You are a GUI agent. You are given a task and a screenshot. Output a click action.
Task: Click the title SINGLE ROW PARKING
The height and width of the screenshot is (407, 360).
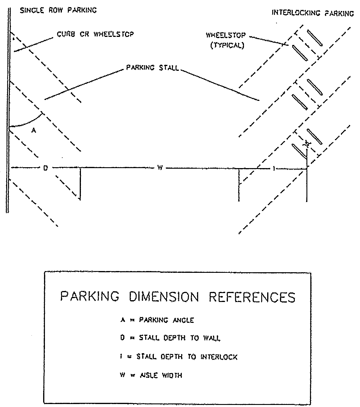58,10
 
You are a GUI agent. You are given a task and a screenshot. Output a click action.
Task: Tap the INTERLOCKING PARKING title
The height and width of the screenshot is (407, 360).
313,13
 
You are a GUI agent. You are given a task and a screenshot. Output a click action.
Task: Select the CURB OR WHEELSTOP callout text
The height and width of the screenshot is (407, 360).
95,34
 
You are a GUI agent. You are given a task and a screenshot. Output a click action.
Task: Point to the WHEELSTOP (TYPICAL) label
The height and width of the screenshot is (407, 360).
226,40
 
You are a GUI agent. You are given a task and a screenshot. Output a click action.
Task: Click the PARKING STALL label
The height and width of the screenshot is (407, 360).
152,68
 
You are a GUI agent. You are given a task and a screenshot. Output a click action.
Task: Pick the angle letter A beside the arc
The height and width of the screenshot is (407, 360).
34,131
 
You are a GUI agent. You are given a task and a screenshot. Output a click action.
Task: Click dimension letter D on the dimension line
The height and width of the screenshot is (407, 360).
46,168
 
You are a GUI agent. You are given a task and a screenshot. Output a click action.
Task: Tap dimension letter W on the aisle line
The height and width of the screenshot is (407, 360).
160,168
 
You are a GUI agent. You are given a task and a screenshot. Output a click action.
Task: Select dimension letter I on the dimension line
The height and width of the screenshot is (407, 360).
274,169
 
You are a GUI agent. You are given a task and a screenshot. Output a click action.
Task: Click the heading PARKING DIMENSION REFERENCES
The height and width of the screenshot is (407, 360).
178,297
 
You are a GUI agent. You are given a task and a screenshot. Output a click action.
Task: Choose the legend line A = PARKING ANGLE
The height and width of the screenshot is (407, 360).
157,320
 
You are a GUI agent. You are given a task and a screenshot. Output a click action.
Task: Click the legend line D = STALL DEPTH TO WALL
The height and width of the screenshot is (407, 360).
170,338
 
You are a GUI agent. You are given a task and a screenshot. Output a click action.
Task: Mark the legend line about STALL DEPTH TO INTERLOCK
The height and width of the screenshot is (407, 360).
179,357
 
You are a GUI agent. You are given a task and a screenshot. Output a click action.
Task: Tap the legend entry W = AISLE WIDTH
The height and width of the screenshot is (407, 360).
151,375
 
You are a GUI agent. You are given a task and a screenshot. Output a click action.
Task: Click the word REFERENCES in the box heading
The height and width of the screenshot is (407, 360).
252,297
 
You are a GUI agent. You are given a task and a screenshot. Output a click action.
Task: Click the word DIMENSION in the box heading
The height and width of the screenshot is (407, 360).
164,297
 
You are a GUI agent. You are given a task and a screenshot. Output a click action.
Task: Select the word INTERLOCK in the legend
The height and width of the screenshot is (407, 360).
219,357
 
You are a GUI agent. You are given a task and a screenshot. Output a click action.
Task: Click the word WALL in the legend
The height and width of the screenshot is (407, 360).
212,338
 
